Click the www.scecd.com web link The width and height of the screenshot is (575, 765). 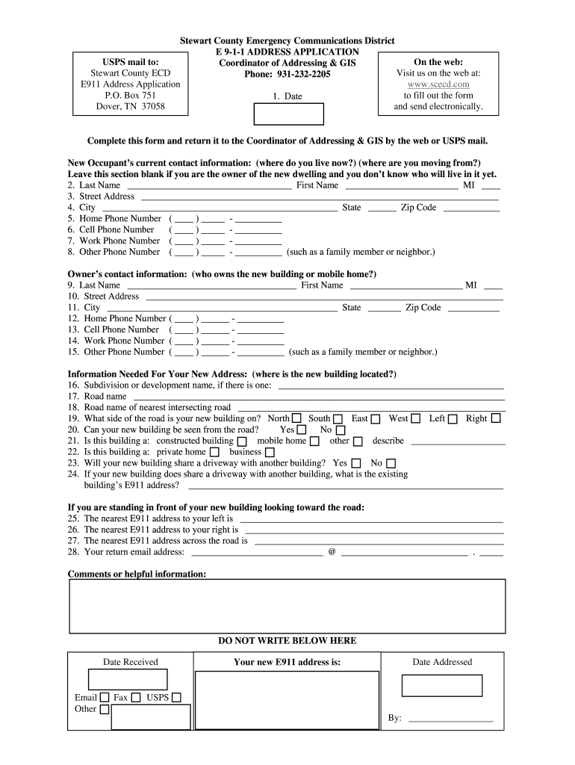[x=438, y=84]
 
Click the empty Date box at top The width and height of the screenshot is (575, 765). [x=290, y=114]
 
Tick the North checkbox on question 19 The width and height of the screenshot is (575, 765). [x=297, y=419]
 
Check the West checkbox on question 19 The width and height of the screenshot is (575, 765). [x=416, y=419]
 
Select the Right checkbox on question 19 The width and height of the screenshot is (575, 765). [x=496, y=419]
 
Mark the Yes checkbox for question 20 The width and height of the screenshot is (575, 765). [x=302, y=430]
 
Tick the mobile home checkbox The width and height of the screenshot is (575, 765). [x=314, y=442]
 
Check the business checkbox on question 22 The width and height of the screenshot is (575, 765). [x=270, y=453]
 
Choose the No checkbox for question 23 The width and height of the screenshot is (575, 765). [x=391, y=464]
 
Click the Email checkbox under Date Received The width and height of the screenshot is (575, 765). [x=105, y=698]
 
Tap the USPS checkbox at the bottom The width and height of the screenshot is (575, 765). [x=176, y=698]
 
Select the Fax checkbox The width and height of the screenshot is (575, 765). [x=136, y=698]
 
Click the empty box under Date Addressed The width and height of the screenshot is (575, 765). [x=442, y=685]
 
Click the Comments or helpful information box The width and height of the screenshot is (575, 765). [x=287, y=606]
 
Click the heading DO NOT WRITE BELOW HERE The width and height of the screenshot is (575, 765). [x=287, y=641]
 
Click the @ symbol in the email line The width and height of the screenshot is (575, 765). [x=332, y=552]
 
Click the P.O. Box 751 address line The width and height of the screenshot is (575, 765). [x=131, y=96]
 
